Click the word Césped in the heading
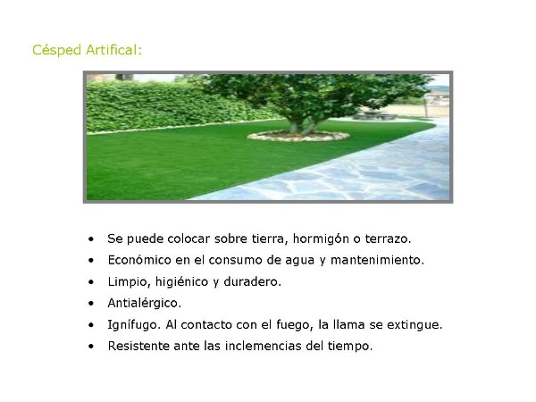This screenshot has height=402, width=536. coord(56,50)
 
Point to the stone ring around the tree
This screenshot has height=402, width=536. coord(298,136)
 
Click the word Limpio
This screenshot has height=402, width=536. coord(128,282)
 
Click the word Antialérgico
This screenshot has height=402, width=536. coord(143,304)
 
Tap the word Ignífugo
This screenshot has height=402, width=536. coord(132,325)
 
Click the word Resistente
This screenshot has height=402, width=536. coord(138,346)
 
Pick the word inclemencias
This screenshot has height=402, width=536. coord(262,346)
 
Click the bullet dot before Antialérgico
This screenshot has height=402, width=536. coord(90,304)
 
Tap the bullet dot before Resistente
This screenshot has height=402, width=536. coord(90,347)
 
